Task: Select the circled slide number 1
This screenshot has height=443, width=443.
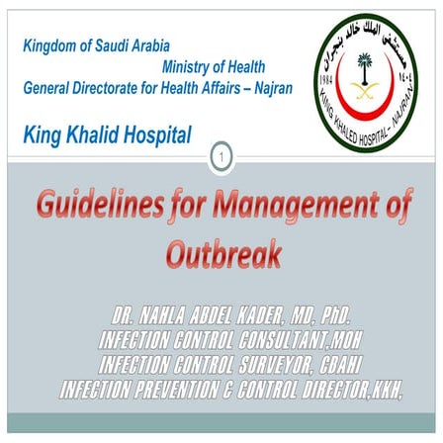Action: tap(222, 155)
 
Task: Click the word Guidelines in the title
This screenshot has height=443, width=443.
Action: tap(95, 207)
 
